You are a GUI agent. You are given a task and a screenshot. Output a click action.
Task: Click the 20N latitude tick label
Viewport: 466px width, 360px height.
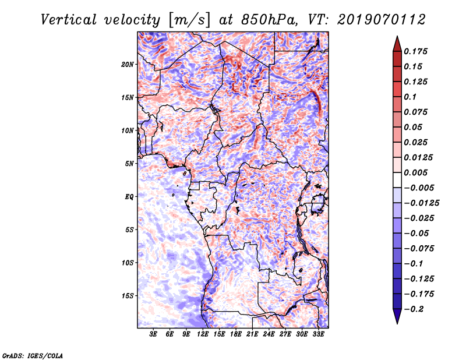tap(127, 65)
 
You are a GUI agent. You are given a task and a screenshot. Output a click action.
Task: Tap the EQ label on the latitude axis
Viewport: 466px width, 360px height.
tap(129, 197)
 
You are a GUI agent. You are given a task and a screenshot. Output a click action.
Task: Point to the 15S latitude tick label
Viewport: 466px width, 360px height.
tap(127, 296)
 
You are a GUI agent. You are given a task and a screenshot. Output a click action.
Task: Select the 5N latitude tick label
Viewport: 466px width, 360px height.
tap(129, 164)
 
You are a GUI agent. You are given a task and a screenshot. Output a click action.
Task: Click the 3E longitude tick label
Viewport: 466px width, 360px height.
tap(153, 334)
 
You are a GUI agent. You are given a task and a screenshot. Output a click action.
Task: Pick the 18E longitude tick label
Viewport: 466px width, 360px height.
tap(236, 334)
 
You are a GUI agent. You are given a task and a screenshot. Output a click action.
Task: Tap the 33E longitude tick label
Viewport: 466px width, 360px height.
tap(318, 334)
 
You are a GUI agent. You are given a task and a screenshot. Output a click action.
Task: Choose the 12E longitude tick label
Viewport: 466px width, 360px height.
tap(203, 334)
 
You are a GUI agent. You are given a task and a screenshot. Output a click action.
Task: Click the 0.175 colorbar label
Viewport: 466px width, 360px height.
tap(415, 51)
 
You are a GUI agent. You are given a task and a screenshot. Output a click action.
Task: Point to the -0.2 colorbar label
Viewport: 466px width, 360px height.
tap(414, 309)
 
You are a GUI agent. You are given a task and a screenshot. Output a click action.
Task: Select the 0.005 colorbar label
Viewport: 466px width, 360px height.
tap(415, 172)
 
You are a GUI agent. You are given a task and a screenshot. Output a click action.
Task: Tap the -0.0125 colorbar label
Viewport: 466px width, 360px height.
tap(421, 203)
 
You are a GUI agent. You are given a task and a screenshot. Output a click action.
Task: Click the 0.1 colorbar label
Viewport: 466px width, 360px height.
tap(410, 97)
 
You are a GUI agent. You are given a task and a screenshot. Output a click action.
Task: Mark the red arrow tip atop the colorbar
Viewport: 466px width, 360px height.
tap(397, 37)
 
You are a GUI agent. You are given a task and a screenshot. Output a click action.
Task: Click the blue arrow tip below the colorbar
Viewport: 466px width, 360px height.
tap(397, 323)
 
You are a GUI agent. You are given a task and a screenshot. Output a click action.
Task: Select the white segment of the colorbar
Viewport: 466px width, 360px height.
tap(397, 180)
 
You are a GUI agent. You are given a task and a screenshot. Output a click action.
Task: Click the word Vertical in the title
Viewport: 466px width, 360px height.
tap(69, 20)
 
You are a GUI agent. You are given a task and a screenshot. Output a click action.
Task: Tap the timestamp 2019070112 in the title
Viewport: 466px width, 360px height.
tap(382, 20)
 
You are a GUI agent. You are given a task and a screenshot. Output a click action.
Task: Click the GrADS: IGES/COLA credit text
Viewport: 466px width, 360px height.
tap(33, 356)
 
